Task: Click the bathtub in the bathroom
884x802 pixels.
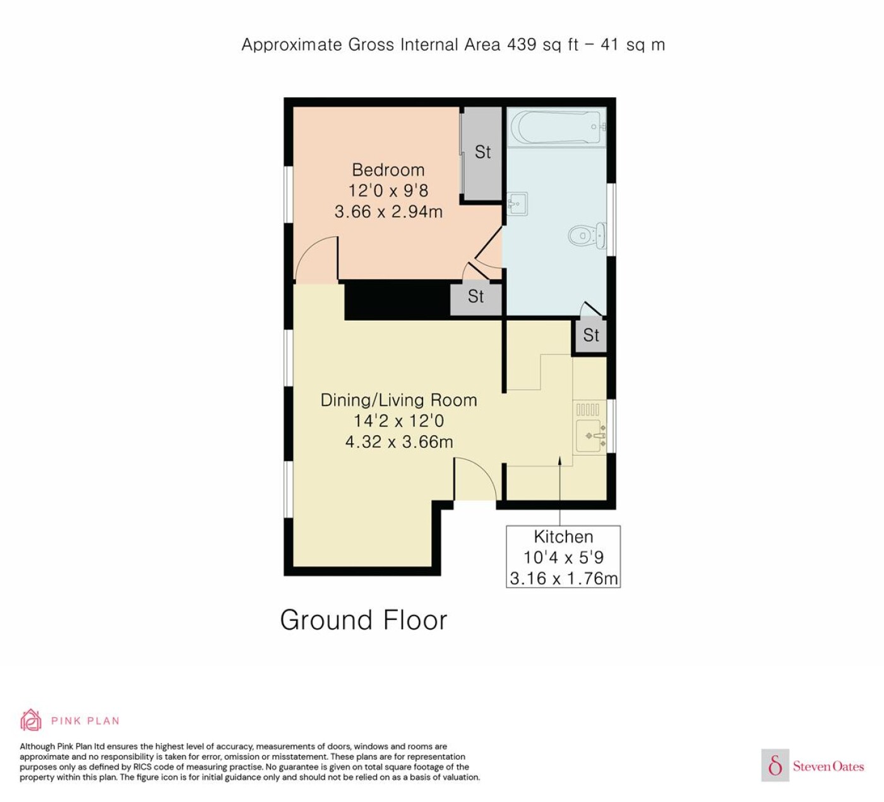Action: click(x=556, y=128)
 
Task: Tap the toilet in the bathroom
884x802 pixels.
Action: click(x=586, y=236)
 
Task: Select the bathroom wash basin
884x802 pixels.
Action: click(x=517, y=204)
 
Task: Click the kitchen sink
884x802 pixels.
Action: click(x=590, y=436)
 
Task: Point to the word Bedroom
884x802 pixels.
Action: click(x=388, y=170)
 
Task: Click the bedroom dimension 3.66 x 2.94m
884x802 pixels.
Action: click(x=388, y=212)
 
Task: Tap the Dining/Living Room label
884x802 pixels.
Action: click(x=399, y=400)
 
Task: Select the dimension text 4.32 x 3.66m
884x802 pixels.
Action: click(x=399, y=442)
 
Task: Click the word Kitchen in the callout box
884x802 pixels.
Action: click(x=563, y=537)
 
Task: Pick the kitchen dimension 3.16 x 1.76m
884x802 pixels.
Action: click(x=564, y=578)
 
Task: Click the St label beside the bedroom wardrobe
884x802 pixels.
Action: click(x=482, y=152)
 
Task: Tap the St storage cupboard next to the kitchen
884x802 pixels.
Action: click(x=591, y=335)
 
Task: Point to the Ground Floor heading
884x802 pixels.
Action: click(x=364, y=620)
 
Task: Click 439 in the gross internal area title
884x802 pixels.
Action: click(x=522, y=45)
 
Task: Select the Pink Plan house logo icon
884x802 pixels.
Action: click(x=31, y=721)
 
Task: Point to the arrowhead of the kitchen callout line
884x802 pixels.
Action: click(x=559, y=460)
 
